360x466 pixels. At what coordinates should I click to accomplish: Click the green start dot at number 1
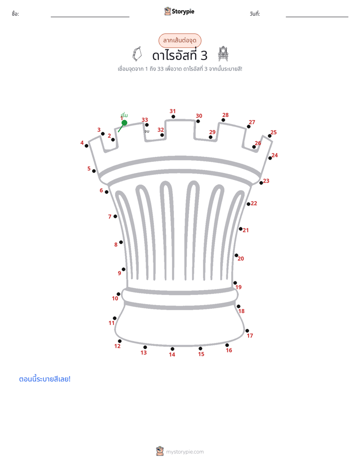pos(125,123)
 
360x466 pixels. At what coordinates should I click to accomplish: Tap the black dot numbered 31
pos(173,116)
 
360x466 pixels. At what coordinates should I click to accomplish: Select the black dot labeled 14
pos(172,349)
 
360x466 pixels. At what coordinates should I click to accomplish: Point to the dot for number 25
pos(270,136)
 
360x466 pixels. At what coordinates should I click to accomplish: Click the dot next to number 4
pos(86,146)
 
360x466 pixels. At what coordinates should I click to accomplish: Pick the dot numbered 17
pos(247,331)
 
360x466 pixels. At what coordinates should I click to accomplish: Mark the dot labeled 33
pos(147,125)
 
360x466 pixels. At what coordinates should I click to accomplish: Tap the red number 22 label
pos(254,204)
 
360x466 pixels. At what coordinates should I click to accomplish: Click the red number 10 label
pos(115,299)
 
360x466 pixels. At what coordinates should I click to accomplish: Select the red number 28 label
pos(225,115)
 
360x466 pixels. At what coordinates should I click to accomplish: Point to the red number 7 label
pos(109,217)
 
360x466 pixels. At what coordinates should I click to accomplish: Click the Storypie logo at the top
pos(179,11)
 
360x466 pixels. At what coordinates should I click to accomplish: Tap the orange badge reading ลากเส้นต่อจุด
pos(179,40)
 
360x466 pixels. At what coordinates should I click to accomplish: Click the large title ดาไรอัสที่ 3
pos(179,55)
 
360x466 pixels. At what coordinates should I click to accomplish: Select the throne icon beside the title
pos(223,54)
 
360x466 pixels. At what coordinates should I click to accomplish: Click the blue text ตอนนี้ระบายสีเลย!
pos(45,379)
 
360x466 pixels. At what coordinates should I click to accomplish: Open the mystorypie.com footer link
pos(180,451)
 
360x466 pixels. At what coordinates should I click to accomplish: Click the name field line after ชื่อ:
pos(90,17)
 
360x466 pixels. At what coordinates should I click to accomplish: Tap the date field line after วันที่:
pos(317,17)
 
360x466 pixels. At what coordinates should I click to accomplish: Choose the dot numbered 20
pos(236,255)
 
